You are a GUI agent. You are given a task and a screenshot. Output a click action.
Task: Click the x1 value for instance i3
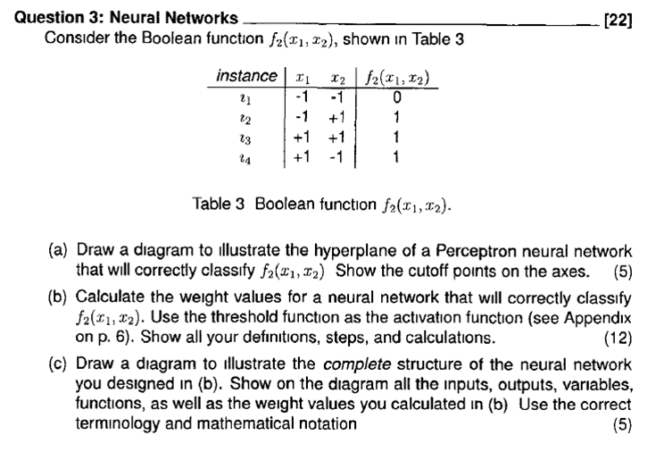click(x=303, y=135)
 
